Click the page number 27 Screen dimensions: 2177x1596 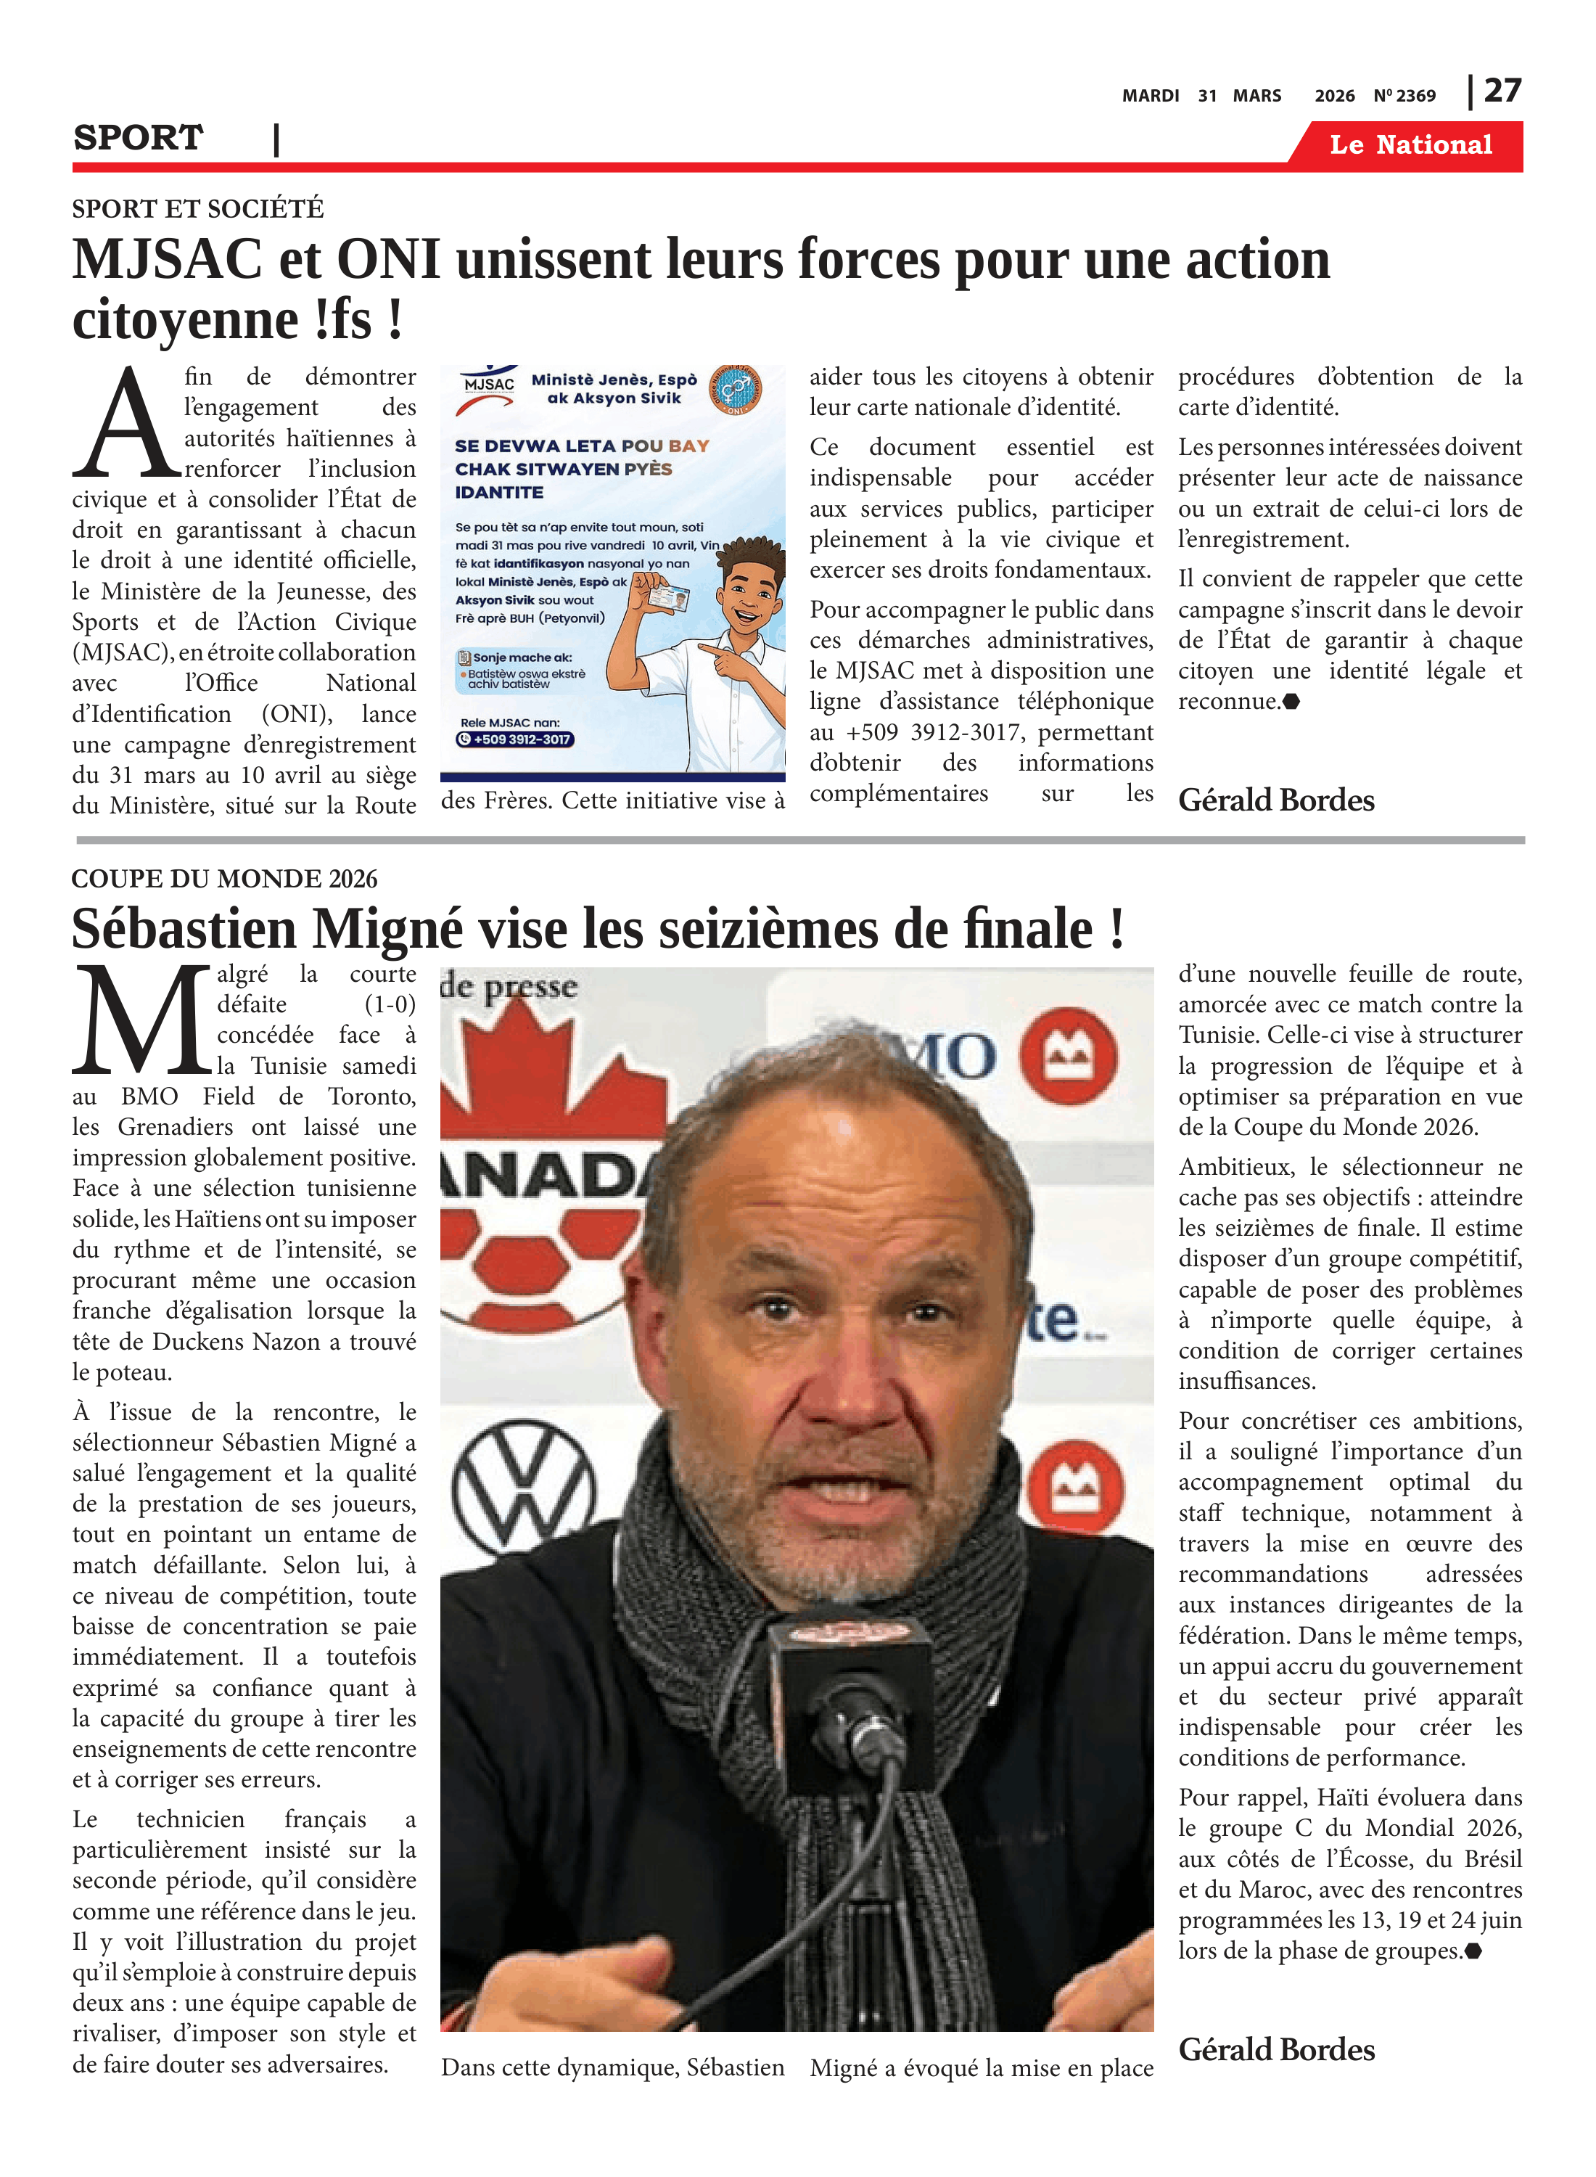coord(1502,91)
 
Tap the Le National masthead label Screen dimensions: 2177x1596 coord(1410,145)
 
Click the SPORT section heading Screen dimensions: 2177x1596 coord(138,138)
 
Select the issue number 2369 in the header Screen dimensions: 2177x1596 coord(1415,96)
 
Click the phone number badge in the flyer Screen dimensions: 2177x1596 coord(515,739)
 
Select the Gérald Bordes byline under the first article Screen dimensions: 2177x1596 coord(1275,800)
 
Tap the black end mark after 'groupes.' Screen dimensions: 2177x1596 coord(1473,1951)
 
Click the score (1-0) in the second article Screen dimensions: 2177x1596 coord(390,1005)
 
